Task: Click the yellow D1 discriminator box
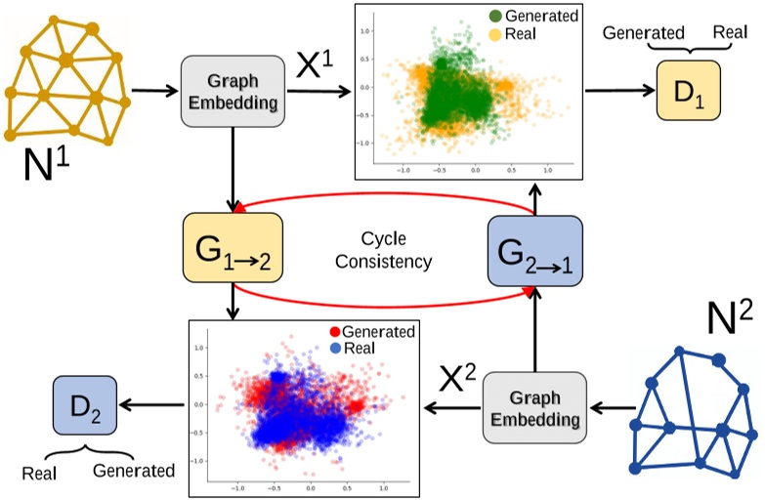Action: point(689,91)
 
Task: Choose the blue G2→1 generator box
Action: point(534,251)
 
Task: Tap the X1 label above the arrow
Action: point(315,66)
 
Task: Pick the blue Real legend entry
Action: point(357,349)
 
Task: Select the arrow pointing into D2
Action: point(152,401)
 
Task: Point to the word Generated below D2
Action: point(134,471)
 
